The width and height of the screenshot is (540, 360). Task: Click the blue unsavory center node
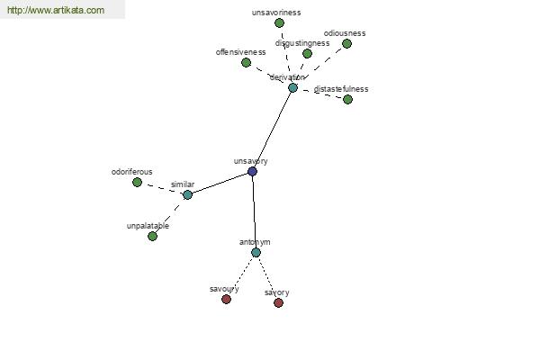click(252, 171)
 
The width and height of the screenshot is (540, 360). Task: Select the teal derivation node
click(292, 88)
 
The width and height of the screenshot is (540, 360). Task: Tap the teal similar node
click(187, 194)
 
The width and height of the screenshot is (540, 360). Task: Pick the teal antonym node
click(256, 253)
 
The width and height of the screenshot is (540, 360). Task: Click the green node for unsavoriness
click(279, 23)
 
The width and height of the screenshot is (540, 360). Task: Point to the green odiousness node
click(346, 43)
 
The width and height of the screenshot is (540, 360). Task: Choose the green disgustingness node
click(307, 53)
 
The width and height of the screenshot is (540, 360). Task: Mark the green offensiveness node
click(246, 63)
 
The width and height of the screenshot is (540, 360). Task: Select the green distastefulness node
click(347, 100)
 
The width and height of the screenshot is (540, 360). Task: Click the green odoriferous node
click(137, 182)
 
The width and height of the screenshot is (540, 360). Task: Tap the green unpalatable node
click(152, 237)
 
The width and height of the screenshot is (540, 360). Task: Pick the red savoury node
click(226, 299)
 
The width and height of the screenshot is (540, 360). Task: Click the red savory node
click(279, 302)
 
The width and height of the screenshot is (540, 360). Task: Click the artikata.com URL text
click(56, 10)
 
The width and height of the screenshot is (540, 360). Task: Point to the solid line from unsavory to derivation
click(273, 130)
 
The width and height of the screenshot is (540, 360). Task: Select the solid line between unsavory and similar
click(220, 183)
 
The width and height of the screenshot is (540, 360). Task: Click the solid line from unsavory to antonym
click(254, 211)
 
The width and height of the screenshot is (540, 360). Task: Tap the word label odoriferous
click(132, 172)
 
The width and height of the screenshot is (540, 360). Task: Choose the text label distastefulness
click(341, 89)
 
